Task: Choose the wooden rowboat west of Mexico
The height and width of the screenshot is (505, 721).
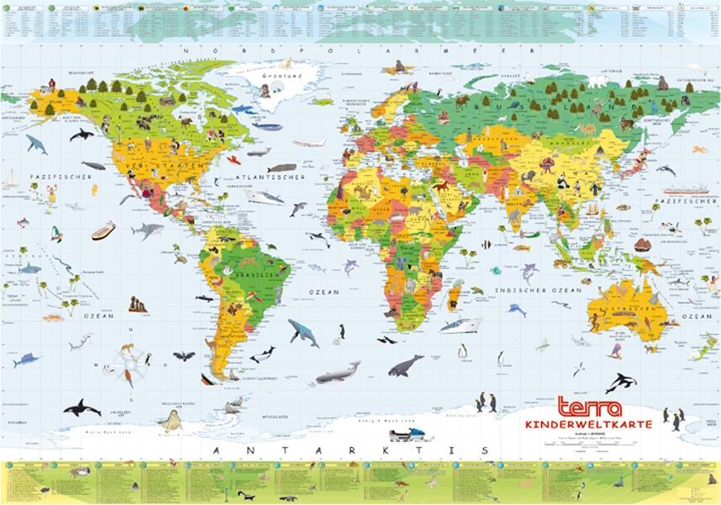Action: click(x=103, y=230)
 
